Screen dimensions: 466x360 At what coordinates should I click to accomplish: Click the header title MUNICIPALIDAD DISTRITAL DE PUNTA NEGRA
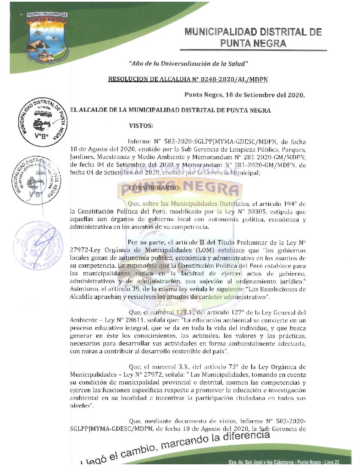pyautogui.click(x=253, y=38)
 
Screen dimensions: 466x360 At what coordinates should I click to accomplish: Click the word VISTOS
pyautogui.click(x=141, y=125)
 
